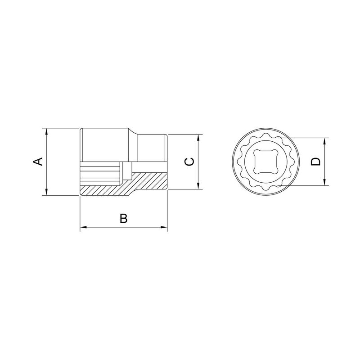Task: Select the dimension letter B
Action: [123, 218]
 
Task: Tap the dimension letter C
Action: [189, 162]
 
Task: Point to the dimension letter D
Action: [315, 162]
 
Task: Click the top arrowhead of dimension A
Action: [47, 131]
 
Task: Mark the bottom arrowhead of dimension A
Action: [47, 192]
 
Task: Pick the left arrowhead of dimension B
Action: [83, 227]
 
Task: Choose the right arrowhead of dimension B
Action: [164, 227]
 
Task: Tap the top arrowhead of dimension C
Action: [198, 138]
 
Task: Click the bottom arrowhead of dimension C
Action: [198, 186]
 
